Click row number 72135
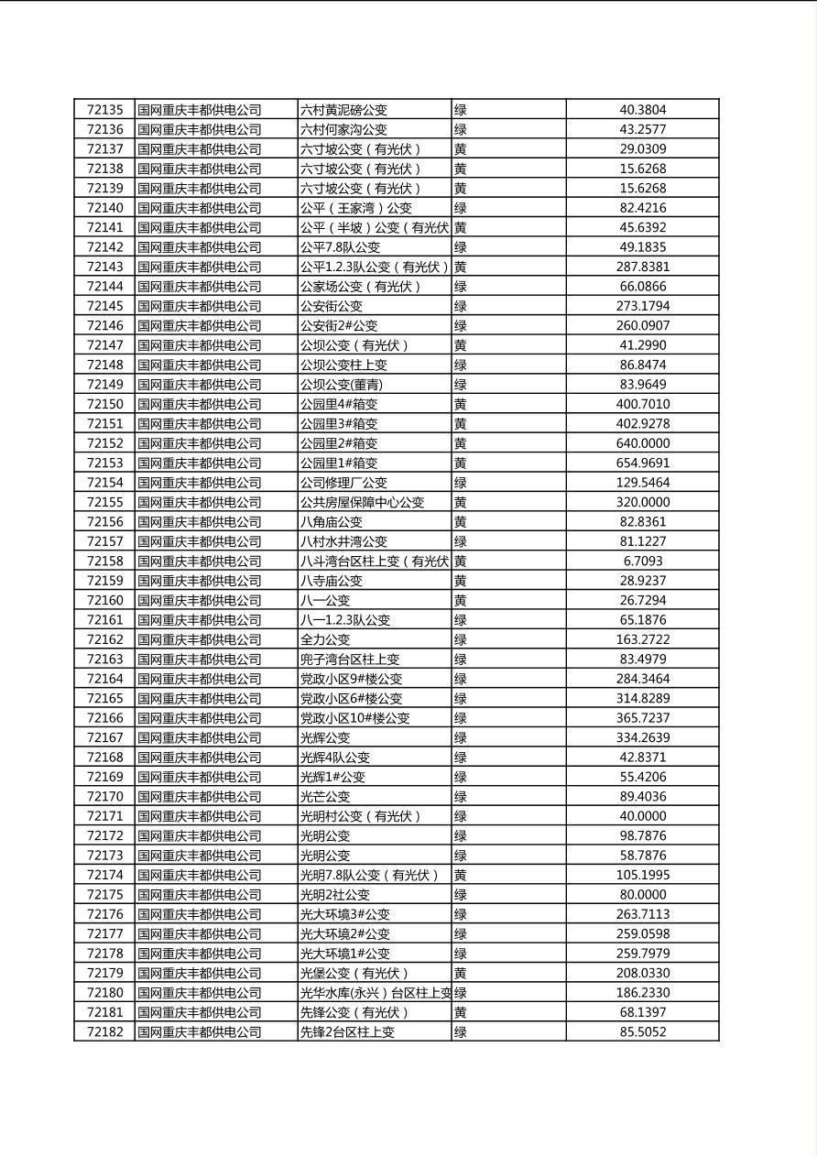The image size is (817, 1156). click(104, 110)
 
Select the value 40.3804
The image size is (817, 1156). click(643, 110)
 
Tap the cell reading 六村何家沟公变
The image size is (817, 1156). click(343, 130)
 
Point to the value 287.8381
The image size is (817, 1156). click(643, 267)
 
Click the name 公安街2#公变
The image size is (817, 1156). click(339, 325)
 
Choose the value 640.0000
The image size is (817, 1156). click(643, 443)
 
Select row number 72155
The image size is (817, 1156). click(104, 502)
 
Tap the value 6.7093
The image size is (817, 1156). click(643, 561)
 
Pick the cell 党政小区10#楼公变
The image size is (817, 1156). click(355, 718)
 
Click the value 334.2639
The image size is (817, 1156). click(643, 737)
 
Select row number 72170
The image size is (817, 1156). click(104, 796)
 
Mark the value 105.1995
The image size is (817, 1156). click(643, 875)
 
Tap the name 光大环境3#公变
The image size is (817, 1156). click(345, 914)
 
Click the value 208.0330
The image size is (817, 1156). click(643, 973)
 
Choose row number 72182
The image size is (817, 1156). click(104, 1031)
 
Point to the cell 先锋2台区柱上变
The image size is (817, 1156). click(347, 1031)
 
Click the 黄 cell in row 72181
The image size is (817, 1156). click(461, 1012)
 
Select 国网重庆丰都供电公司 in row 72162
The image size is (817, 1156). click(200, 639)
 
